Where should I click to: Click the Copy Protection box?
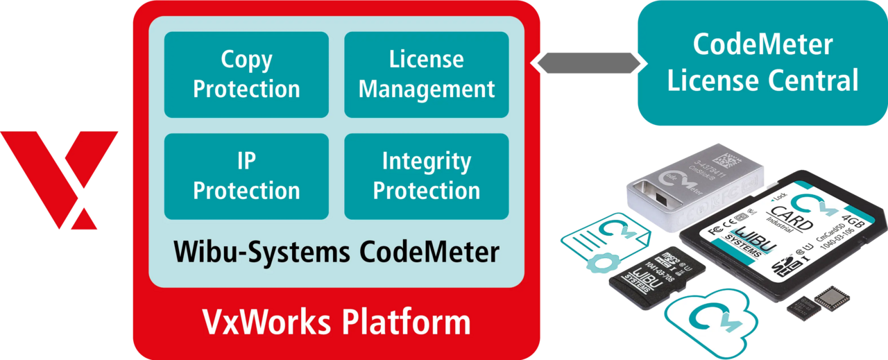(246, 74)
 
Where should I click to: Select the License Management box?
(427, 74)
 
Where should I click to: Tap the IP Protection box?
(246, 176)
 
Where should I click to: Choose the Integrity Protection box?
(427, 176)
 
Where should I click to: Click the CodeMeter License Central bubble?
(762, 62)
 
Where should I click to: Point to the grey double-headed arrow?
(588, 62)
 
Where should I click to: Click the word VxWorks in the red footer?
(263, 323)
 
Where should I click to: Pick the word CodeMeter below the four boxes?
(429, 251)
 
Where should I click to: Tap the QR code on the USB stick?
(731, 157)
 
